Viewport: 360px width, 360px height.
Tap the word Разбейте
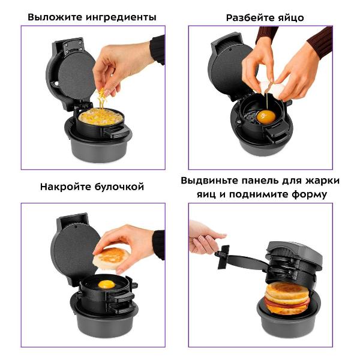pyautogui.click(x=250, y=17)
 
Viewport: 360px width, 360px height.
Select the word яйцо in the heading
pyautogui.click(x=291, y=18)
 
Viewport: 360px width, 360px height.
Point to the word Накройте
pyautogui.click(x=65, y=187)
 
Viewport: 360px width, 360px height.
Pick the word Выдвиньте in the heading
pyautogui.click(x=209, y=181)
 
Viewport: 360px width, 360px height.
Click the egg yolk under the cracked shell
pyautogui.click(x=266, y=116)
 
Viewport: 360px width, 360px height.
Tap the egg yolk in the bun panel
pyautogui.click(x=106, y=284)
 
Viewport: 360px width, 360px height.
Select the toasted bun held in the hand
pyautogui.click(x=111, y=258)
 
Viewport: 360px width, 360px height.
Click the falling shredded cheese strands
pyautogui.click(x=102, y=99)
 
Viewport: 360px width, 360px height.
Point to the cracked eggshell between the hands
pyautogui.click(x=272, y=89)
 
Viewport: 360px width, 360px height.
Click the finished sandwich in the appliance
pyautogui.click(x=287, y=298)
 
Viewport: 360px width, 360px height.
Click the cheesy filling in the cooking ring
pyautogui.click(x=98, y=116)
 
